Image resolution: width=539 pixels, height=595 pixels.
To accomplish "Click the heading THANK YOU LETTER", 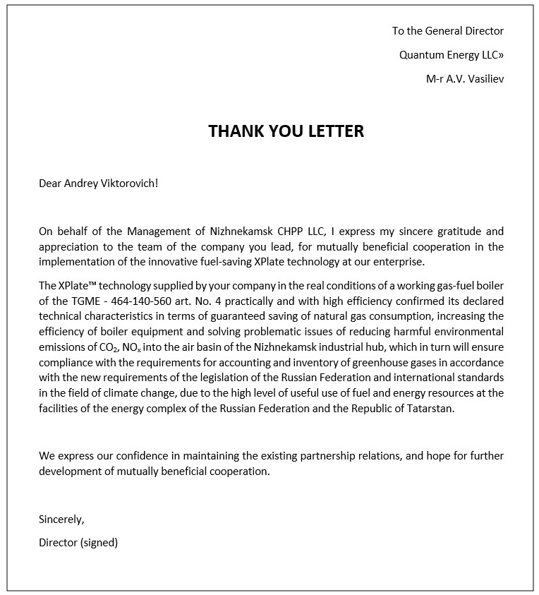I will [286, 131].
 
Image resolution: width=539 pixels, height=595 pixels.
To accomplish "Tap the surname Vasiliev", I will [483, 78].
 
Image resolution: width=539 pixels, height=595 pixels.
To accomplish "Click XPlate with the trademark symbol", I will [61, 284].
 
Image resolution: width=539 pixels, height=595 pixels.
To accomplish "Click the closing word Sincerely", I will [61, 519].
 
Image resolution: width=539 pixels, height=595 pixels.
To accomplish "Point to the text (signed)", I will [99, 543].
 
